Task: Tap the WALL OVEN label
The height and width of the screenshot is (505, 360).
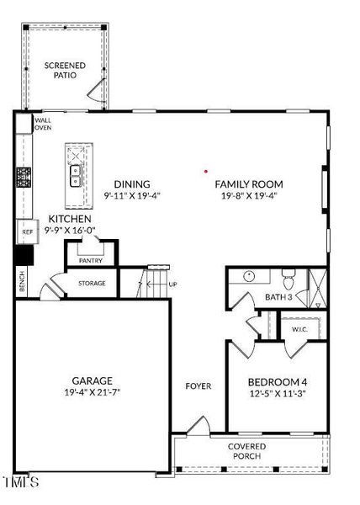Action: click(42, 124)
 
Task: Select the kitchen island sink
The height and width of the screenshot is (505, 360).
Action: click(75, 176)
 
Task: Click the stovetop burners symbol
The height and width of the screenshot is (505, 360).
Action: click(24, 178)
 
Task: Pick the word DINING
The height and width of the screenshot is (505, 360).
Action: click(132, 184)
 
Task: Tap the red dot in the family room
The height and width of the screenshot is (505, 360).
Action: click(206, 171)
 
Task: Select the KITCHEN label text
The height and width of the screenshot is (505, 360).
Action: click(70, 218)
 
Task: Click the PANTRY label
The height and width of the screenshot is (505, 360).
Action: click(91, 261)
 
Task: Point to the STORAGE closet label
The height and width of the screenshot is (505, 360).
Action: click(93, 284)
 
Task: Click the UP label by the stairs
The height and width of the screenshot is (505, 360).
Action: click(173, 284)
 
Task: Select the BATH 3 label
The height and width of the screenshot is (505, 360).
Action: click(278, 297)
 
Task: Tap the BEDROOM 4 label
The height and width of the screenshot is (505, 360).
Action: click(277, 380)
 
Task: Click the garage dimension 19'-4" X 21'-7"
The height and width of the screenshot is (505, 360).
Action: click(92, 392)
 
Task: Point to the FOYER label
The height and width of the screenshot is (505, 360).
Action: click(198, 386)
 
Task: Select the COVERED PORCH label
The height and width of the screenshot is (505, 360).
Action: click(247, 451)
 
